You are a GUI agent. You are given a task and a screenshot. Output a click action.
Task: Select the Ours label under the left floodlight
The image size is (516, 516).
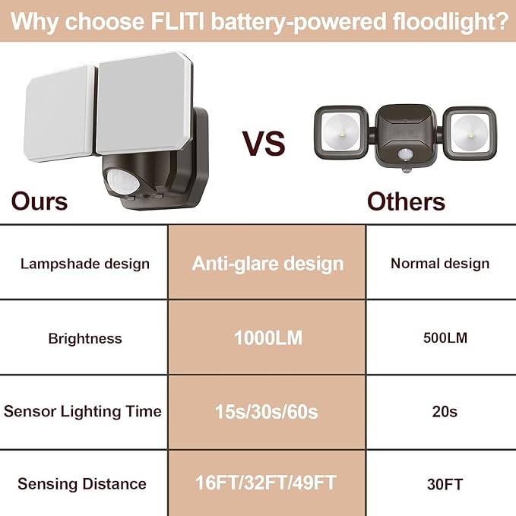(39, 201)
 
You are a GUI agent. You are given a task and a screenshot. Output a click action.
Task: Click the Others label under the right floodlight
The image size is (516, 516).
(406, 201)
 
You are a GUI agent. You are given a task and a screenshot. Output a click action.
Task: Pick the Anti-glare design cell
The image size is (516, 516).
(267, 264)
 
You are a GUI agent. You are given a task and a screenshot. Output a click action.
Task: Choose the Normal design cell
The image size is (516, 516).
(440, 264)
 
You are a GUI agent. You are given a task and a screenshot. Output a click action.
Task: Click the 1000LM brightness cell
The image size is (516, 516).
(267, 338)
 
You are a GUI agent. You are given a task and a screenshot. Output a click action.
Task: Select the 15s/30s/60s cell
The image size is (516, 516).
(267, 412)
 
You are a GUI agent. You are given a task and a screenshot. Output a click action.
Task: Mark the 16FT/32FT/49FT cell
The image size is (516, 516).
(267, 483)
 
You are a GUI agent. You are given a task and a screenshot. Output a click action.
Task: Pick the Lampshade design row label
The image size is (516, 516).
(85, 264)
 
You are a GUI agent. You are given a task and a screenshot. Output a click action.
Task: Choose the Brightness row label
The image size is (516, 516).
(85, 338)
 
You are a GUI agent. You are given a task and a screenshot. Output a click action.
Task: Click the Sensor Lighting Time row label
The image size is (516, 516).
(83, 412)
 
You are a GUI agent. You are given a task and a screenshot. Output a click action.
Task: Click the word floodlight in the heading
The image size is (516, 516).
(444, 21)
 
